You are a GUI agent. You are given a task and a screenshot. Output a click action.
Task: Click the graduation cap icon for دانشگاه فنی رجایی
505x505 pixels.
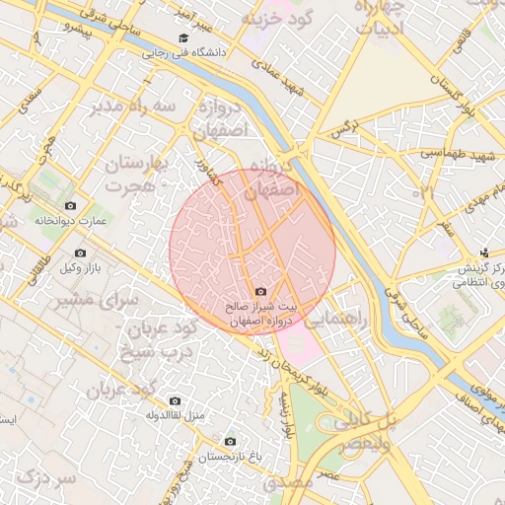click(x=182, y=38)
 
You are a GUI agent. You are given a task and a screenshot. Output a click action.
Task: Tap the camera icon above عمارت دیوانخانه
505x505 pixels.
click(x=70, y=205)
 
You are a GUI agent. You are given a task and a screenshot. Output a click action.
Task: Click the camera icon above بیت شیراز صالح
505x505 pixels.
click(x=260, y=291)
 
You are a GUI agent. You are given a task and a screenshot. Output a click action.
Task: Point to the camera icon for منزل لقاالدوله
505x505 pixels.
click(x=176, y=400)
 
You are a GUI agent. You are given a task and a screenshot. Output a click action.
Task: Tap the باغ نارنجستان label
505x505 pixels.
click(x=230, y=457)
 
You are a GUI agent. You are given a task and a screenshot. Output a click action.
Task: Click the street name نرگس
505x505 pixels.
click(x=342, y=129)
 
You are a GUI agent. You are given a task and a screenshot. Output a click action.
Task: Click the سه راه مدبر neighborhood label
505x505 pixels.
click(x=135, y=106)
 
